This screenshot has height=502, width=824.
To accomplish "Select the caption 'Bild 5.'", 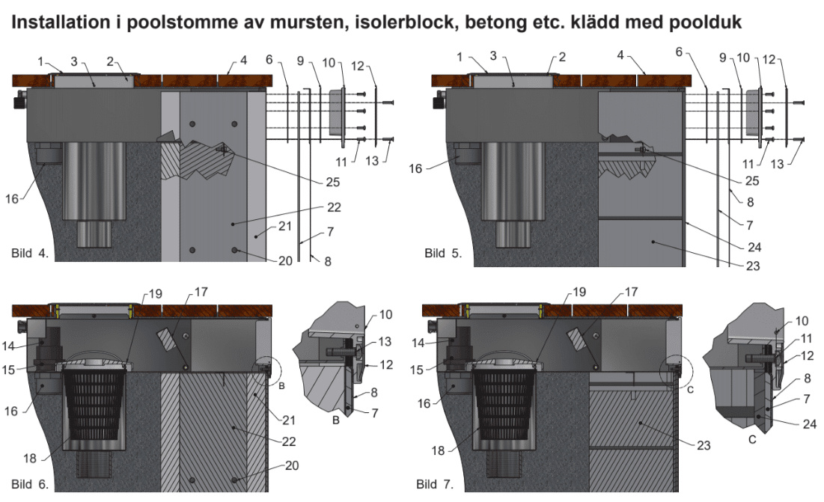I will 443,253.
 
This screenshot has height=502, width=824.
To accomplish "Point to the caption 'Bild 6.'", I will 30,485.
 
